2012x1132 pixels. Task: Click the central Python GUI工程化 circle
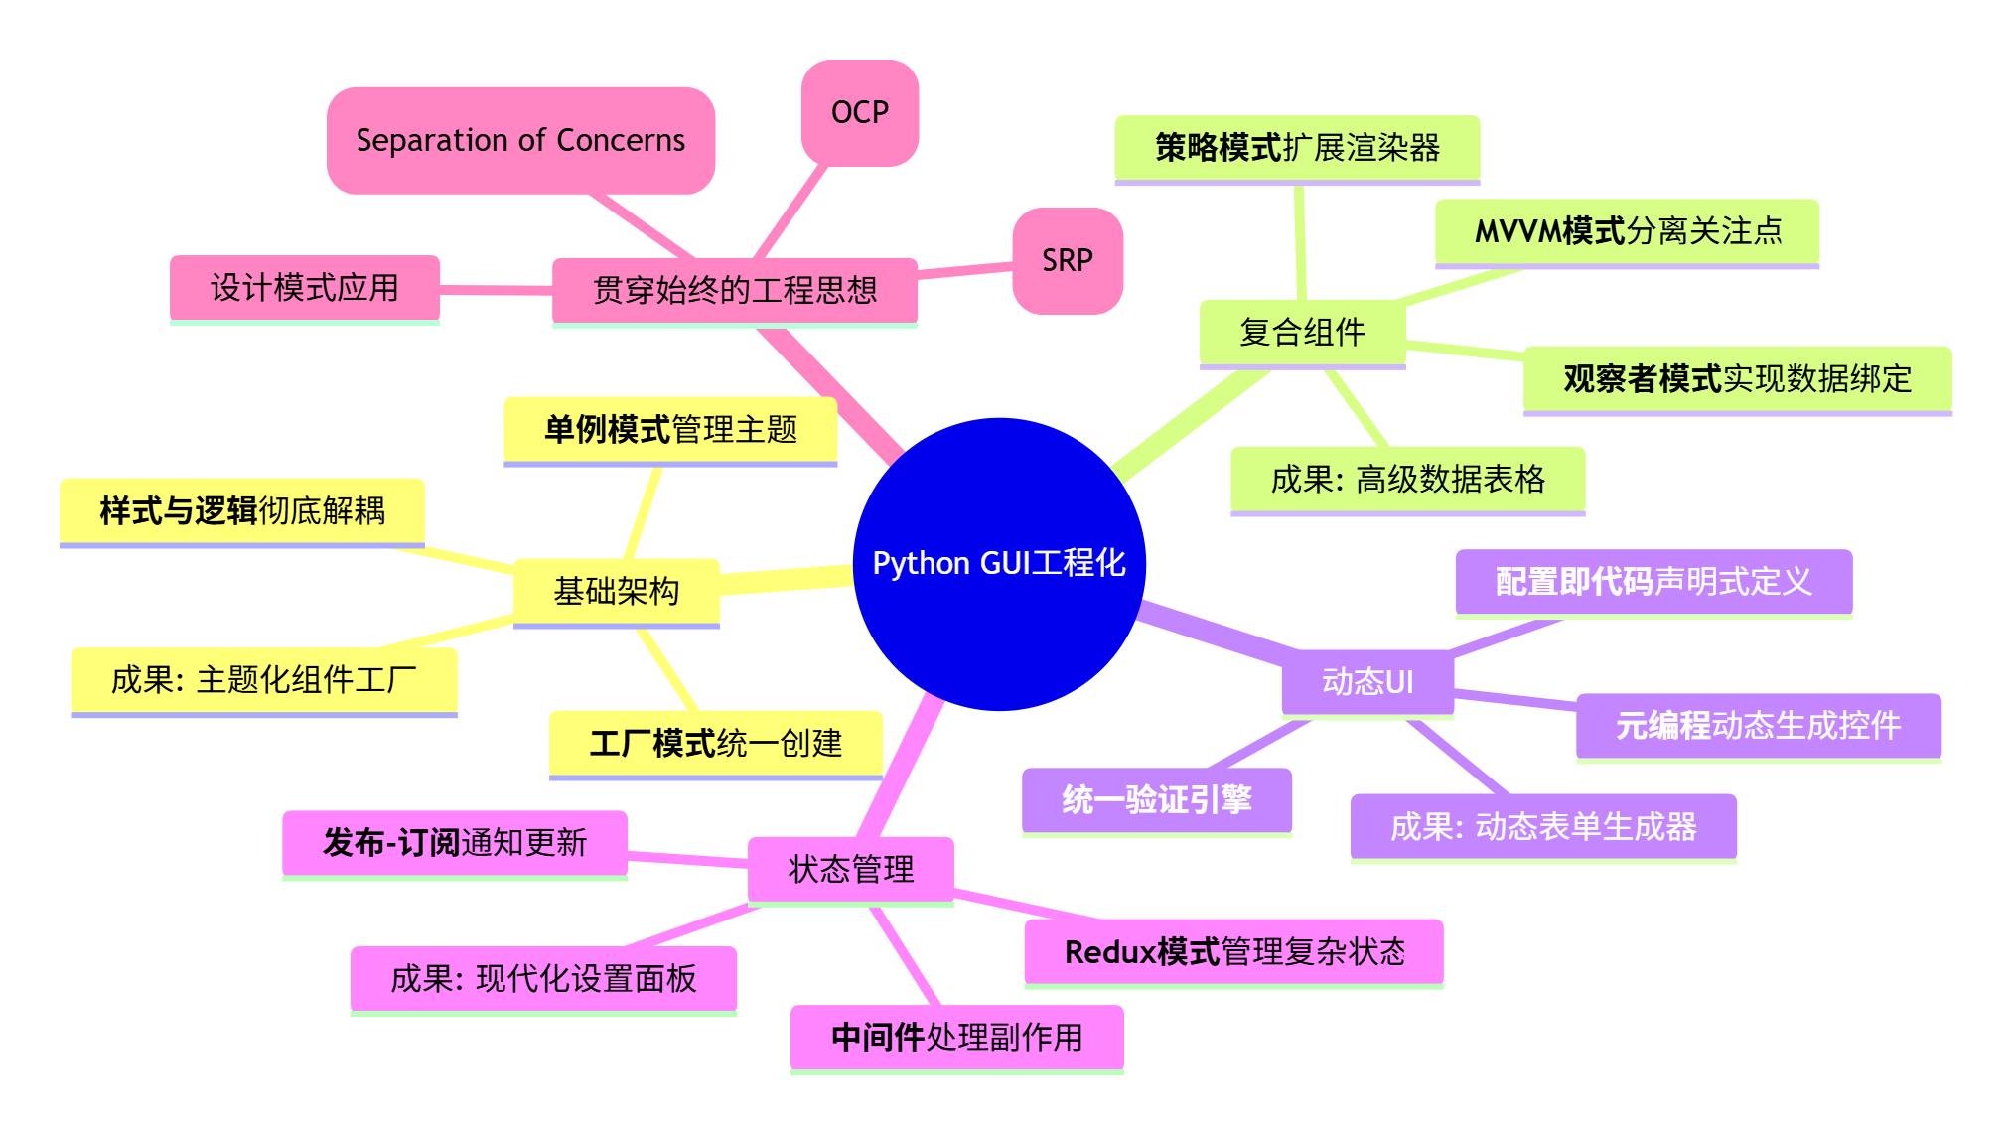click(999, 563)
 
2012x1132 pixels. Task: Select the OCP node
click(860, 112)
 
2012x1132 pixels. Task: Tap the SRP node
click(1068, 260)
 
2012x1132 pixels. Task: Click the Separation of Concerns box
click(520, 140)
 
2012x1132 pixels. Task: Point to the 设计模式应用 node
click(304, 288)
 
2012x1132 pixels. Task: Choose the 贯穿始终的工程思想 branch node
click(734, 290)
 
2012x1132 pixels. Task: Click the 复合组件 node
click(1302, 332)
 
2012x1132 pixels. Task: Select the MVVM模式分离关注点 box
click(1627, 231)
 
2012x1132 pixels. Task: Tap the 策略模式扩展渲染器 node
click(1297, 148)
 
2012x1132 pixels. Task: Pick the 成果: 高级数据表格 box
click(1407, 480)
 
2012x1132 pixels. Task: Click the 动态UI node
click(1367, 682)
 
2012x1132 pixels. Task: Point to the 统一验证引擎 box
click(1156, 799)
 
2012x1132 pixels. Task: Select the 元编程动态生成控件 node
click(1758, 726)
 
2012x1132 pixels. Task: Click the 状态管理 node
click(850, 870)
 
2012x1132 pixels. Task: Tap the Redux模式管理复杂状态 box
click(1233, 952)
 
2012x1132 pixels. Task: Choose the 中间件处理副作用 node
click(956, 1038)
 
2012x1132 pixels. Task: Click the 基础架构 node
click(616, 592)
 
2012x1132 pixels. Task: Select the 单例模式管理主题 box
click(670, 430)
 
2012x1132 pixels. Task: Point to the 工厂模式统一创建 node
click(715, 743)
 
